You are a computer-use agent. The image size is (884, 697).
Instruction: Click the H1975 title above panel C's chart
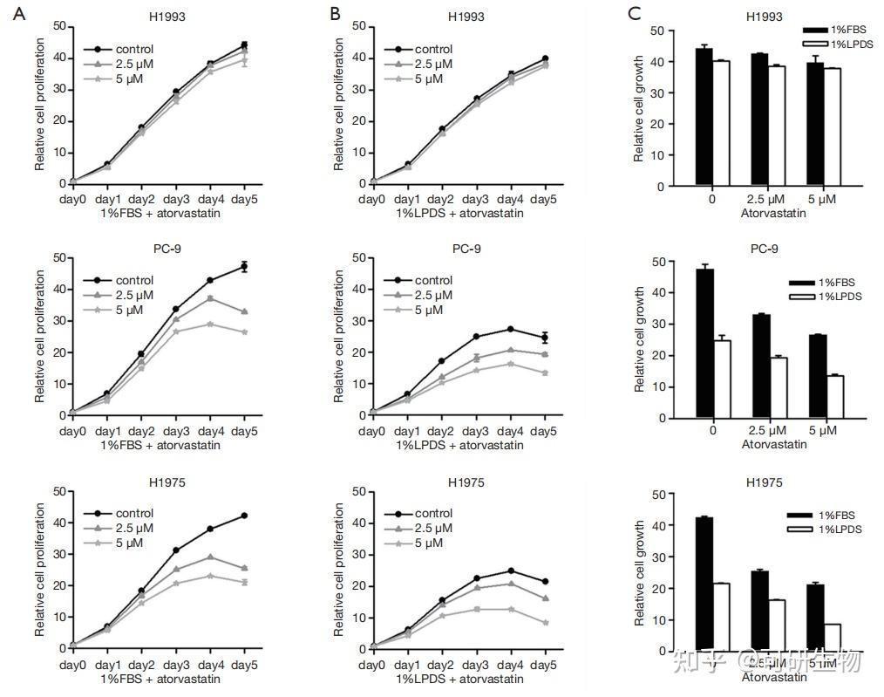click(x=765, y=482)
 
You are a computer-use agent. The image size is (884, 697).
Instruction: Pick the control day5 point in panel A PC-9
click(x=245, y=266)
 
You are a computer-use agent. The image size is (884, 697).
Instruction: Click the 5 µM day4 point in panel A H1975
click(x=210, y=576)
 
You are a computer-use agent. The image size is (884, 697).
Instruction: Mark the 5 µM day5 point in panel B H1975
click(x=546, y=622)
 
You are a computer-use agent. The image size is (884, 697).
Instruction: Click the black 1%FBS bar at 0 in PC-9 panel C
click(x=705, y=344)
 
